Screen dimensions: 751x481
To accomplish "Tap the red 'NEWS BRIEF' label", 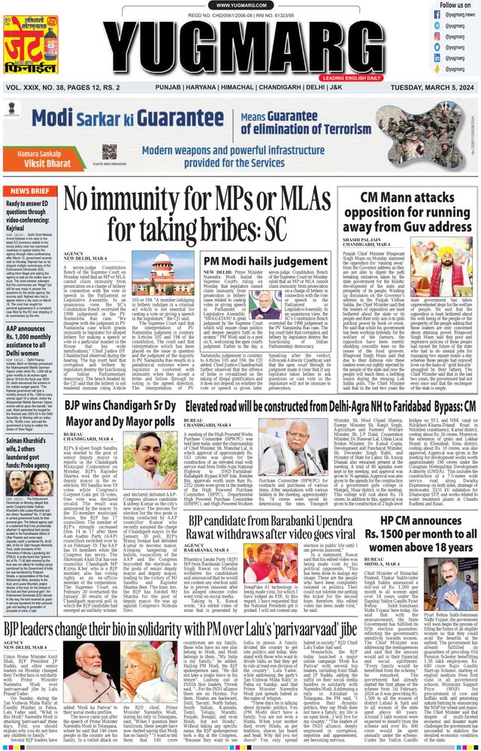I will tap(28, 191).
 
